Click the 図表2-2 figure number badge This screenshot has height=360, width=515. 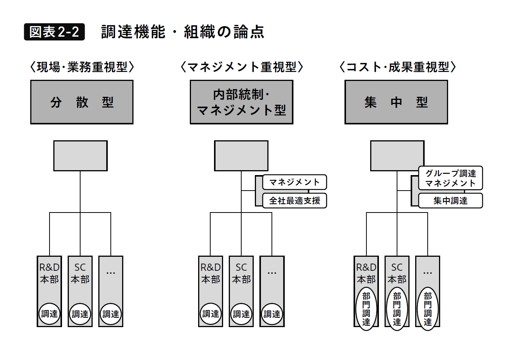54,32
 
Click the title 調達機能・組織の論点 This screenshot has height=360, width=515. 182,32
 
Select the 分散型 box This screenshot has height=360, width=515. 82,102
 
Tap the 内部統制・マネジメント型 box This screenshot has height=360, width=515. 241,102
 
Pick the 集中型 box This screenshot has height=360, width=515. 396,102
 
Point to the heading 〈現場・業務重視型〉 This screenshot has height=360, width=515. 82,67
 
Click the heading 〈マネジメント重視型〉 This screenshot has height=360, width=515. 242,67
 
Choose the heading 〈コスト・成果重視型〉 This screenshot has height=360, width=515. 397,67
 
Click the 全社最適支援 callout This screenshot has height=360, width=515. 295,200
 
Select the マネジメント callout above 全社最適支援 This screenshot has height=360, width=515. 295,182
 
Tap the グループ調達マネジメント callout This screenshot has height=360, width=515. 450,178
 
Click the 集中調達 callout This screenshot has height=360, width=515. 450,200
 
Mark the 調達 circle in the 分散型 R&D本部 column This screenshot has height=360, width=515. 50,314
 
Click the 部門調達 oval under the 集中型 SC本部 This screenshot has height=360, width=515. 397,309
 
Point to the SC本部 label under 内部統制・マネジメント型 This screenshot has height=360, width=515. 241,273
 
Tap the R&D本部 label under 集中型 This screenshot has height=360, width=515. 366,273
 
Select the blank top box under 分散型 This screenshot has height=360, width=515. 80,156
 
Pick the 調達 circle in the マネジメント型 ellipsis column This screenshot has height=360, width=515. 272,314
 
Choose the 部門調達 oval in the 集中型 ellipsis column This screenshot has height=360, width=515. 428,309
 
